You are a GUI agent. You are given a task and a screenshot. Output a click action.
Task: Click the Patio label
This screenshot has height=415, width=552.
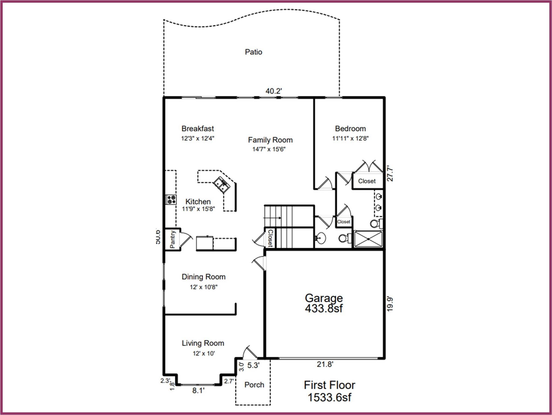[253, 52]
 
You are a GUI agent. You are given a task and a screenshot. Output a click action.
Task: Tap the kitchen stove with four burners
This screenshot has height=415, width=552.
[171, 200]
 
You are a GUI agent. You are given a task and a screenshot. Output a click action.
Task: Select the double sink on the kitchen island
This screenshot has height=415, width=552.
[221, 185]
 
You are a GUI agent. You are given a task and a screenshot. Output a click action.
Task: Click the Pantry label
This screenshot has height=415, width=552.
[173, 239]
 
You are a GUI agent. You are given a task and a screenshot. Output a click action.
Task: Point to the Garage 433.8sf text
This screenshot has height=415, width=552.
[324, 303]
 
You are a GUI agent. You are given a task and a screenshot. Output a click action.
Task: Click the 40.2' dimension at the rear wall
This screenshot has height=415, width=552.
[274, 91]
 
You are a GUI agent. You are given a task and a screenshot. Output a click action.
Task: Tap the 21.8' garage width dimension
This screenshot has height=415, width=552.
[325, 364]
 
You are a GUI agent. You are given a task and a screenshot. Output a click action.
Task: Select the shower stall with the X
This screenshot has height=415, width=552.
[368, 239]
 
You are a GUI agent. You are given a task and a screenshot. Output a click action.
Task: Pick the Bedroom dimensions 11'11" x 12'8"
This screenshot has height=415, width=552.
[350, 139]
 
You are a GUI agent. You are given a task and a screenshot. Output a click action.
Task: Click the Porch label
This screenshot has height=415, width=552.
[254, 385]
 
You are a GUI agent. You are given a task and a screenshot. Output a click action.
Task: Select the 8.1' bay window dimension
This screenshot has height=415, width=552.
[198, 391]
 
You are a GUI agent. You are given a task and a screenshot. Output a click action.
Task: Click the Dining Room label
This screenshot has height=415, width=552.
[203, 277]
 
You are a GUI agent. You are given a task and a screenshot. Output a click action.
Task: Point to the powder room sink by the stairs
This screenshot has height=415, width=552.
[321, 238]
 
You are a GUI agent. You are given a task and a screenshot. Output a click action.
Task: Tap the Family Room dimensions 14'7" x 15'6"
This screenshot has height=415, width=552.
[269, 149]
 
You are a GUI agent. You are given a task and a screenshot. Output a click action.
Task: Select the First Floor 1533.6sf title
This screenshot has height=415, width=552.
[329, 391]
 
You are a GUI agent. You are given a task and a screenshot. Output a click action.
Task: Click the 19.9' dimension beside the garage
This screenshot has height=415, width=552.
[389, 304]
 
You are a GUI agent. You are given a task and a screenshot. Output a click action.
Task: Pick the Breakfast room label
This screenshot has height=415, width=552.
[198, 129]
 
